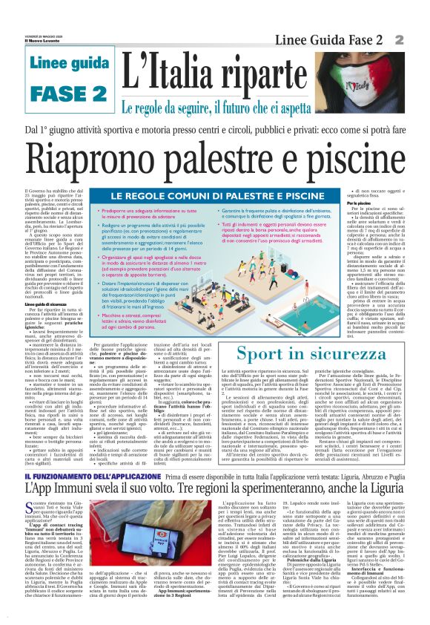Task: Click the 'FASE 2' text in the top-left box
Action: (59, 94)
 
